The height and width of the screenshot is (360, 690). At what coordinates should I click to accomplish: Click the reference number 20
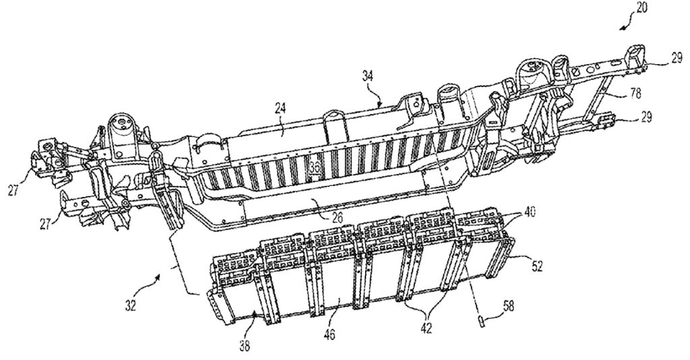[x=641, y=7]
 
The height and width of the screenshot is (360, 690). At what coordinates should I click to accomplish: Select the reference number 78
[x=635, y=93]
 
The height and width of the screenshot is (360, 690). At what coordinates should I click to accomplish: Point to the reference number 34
[x=367, y=76]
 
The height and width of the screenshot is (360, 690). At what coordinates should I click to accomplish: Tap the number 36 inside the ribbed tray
[x=315, y=167]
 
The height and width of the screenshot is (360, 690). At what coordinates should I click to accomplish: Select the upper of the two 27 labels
[x=13, y=191]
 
